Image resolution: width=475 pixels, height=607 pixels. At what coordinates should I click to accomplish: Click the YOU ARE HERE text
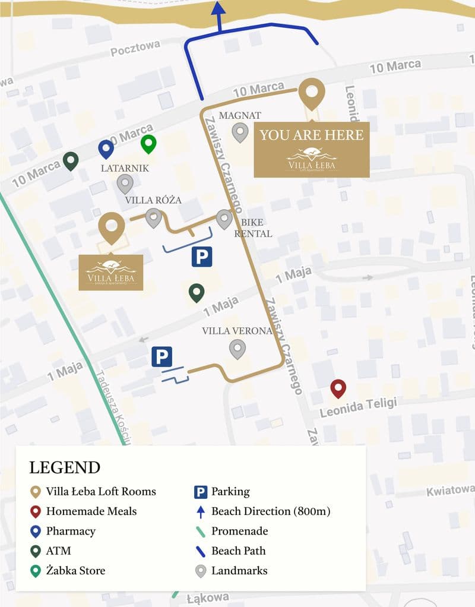point(311,135)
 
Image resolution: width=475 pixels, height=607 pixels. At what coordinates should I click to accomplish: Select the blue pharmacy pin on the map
point(106,149)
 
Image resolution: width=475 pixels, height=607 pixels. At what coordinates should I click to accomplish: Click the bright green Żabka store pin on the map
point(148,144)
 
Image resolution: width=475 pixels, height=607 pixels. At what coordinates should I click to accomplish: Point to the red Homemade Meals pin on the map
point(338,388)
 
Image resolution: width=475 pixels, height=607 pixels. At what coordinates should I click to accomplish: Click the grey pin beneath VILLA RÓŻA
point(154,218)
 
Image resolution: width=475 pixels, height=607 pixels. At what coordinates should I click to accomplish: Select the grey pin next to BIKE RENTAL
point(224,219)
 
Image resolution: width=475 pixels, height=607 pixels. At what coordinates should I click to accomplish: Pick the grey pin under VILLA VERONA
point(237,349)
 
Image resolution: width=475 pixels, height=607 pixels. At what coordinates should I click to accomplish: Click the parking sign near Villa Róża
point(201,257)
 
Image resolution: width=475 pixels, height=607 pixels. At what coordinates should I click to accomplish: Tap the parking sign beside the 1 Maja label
point(161,357)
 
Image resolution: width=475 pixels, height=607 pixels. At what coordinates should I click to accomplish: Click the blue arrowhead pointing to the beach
point(218,8)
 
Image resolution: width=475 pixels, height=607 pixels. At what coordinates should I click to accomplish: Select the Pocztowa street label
point(135,49)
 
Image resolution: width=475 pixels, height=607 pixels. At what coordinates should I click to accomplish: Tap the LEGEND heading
point(65,467)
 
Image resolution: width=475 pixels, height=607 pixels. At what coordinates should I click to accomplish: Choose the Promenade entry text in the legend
point(239,531)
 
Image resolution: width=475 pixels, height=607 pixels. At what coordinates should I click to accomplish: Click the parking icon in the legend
point(201,492)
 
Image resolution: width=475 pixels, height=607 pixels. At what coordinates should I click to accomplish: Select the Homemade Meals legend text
point(91,511)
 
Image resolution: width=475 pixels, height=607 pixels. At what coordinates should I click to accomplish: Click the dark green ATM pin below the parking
point(197,292)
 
